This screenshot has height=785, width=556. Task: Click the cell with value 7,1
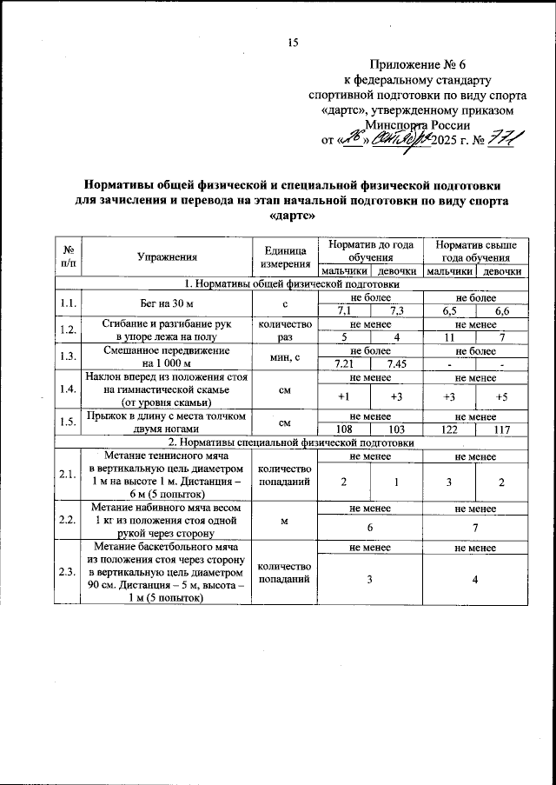pos(344,311)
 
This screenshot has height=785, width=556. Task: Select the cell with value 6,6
pos(502,311)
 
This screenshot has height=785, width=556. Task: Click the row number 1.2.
pos(68,330)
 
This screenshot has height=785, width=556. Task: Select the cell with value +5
pos(502,396)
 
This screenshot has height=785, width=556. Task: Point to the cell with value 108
pos(344,429)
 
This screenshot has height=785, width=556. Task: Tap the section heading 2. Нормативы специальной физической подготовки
pos(292,442)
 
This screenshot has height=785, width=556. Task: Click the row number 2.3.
pos(68,573)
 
